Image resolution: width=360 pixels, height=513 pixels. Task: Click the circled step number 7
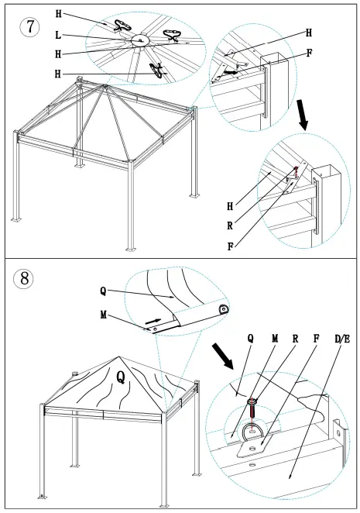(x=29, y=26)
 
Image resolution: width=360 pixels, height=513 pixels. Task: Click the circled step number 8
(x=26, y=280)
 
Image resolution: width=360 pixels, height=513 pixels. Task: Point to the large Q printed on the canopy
(x=120, y=377)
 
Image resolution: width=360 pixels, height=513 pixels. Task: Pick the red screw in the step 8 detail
(x=253, y=409)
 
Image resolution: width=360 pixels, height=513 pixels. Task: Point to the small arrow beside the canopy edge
(x=155, y=319)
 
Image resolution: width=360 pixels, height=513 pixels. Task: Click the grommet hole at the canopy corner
(x=223, y=308)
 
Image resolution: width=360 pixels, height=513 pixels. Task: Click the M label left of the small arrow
(x=103, y=315)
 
